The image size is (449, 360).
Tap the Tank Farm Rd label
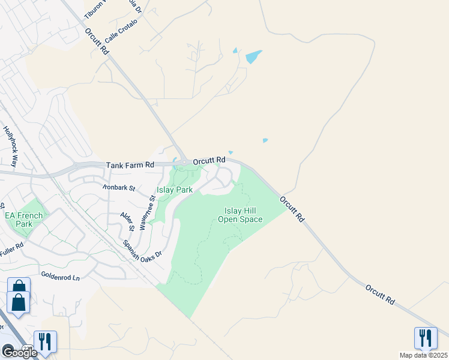pyautogui.click(x=130, y=164)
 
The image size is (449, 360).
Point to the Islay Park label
pyautogui.click(x=174, y=190)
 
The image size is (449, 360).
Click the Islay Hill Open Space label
pyautogui.click(x=244, y=215)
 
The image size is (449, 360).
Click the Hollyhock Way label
pyautogui.click(x=11, y=146)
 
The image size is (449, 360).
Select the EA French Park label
pyautogui.click(x=24, y=220)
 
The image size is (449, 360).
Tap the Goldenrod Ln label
pyautogui.click(x=60, y=277)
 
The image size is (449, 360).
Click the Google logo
pyautogui.click(x=19, y=353)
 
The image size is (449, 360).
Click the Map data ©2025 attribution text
pyautogui.click(x=423, y=355)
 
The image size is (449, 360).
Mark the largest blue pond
pyautogui.click(x=253, y=58)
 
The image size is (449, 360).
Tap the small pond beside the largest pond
pyautogui.click(x=235, y=50)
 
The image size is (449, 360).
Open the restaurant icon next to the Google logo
pyautogui.click(x=46, y=341)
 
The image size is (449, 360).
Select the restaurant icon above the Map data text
pyautogui.click(x=426, y=337)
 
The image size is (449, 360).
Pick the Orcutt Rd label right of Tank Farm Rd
pyautogui.click(x=209, y=160)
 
